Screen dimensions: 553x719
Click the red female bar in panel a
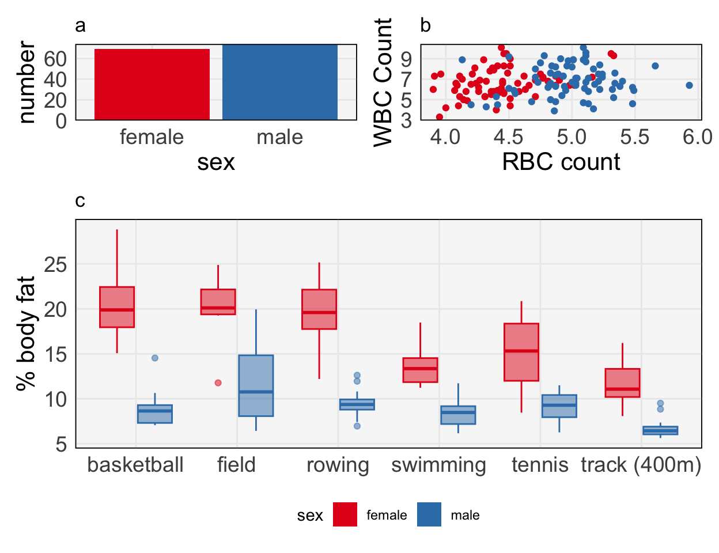point(152,85)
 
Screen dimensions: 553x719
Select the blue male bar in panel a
point(279,82)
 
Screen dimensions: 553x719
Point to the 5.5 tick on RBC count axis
point(634,137)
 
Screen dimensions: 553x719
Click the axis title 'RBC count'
point(561,162)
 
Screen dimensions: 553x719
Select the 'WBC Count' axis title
point(383,82)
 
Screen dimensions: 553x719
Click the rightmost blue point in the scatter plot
point(689,85)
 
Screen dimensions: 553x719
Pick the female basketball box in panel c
point(117,307)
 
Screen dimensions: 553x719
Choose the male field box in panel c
point(256,385)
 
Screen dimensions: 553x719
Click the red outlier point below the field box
point(218,382)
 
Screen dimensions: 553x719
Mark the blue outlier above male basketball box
point(155,358)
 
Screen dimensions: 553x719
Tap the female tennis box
point(521,352)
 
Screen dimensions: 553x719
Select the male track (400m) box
point(660,430)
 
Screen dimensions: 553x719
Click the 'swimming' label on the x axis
point(438,465)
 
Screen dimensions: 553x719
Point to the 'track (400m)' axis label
point(641,465)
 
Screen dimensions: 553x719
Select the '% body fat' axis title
point(26,334)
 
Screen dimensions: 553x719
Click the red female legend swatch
point(345,515)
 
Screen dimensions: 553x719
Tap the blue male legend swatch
point(429,515)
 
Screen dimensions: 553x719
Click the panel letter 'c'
point(80,200)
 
